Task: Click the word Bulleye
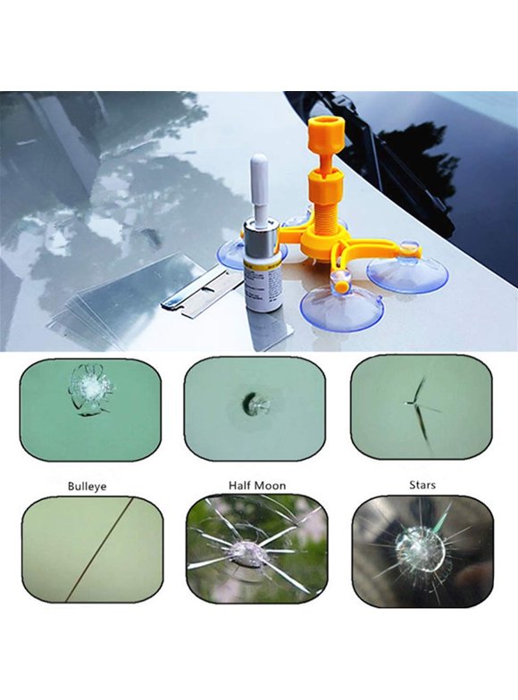click(88, 487)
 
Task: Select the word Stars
click(421, 487)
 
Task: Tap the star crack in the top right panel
click(418, 400)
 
